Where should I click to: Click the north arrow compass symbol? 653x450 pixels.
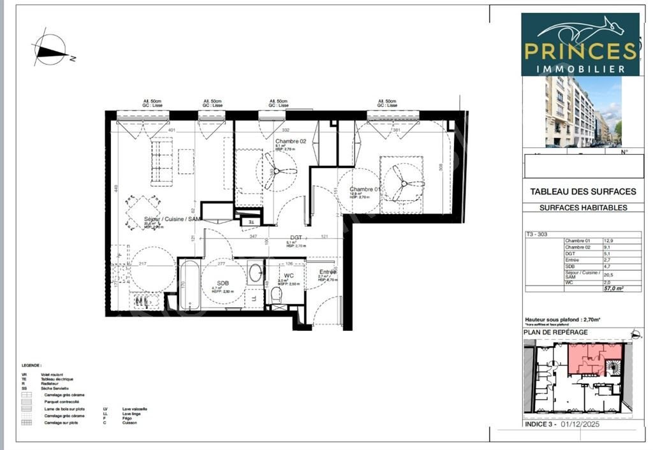50,50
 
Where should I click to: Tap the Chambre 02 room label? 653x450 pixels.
291,141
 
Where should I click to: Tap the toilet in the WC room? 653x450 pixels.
276,294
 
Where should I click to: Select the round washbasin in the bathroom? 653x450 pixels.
255,273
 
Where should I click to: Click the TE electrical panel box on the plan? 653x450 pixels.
251,221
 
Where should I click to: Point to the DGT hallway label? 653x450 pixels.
296,236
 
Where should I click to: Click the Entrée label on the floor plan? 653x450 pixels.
328,272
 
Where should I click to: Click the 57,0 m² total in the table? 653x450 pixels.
613,289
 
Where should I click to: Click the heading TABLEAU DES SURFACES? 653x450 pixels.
583,191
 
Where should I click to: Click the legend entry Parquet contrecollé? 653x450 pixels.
62,402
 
